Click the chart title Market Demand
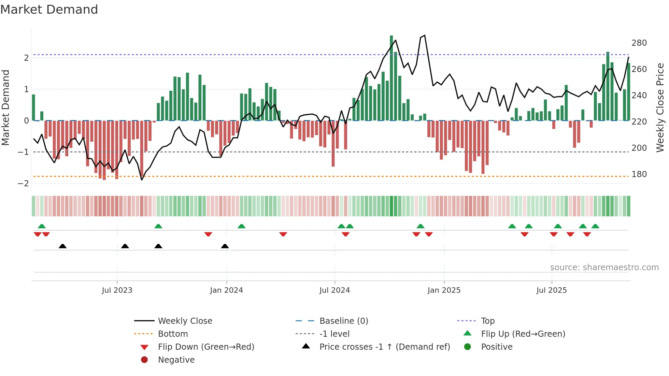(49, 10)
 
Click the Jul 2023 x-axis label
(117, 290)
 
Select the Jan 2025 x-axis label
(444, 290)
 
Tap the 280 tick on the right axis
(639, 43)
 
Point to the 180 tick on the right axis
(639, 174)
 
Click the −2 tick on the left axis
(23, 184)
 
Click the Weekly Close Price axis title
(660, 107)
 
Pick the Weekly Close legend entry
(185, 321)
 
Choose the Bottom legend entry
(173, 334)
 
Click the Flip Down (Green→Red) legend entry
(206, 347)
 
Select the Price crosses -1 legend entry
(385, 347)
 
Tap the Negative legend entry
(176, 360)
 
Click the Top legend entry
(488, 321)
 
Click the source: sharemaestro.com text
(604, 267)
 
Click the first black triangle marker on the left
(62, 246)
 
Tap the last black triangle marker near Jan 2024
(225, 246)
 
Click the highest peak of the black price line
(425, 35)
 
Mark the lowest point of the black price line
(142, 180)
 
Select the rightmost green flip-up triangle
(595, 226)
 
